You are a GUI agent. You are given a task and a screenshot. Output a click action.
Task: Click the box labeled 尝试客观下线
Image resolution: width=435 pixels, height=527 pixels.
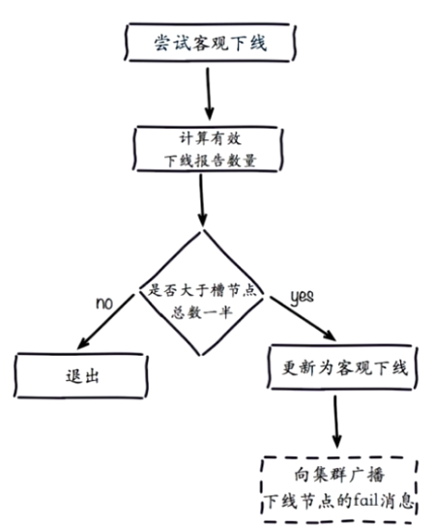[x=210, y=43]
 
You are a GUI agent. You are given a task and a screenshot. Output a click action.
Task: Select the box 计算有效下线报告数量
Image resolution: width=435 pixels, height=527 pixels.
[x=208, y=149]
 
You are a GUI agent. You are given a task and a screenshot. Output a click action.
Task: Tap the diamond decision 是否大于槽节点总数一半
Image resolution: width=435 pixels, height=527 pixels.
[x=202, y=292]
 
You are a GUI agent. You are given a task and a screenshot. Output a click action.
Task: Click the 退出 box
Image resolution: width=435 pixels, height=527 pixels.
[x=81, y=376]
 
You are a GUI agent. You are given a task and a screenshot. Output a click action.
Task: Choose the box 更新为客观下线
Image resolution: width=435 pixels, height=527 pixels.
[x=342, y=367]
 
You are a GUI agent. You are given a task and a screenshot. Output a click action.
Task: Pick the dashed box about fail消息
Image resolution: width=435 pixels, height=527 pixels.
[x=339, y=489]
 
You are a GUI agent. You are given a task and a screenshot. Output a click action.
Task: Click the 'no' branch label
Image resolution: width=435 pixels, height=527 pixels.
[x=104, y=303]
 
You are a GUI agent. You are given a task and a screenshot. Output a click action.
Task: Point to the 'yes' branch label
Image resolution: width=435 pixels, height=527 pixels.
[x=302, y=297]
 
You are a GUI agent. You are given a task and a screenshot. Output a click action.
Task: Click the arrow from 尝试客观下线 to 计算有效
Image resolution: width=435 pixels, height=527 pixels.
[x=209, y=94]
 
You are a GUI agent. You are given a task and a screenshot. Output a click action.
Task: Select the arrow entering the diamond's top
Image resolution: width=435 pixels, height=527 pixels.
[x=201, y=200]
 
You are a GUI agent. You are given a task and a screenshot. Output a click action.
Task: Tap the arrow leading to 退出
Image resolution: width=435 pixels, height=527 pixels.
[x=105, y=321]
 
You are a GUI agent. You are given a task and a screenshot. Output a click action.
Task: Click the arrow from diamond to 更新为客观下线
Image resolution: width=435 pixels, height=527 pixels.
[x=303, y=318]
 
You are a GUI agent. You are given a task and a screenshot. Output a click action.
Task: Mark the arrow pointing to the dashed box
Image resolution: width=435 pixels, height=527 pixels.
[x=336, y=422]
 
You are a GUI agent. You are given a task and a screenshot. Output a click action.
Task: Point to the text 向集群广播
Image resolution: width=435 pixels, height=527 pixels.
[x=339, y=475]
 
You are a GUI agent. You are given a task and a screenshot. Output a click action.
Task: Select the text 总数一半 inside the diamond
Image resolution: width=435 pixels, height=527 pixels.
[x=202, y=312]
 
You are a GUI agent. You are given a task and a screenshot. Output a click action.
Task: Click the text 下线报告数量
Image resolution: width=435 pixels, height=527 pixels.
[x=211, y=161]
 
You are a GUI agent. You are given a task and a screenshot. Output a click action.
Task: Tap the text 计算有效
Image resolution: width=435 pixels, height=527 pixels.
[x=211, y=138]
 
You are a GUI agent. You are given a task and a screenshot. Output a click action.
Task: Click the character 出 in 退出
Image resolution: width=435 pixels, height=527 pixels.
[x=92, y=376]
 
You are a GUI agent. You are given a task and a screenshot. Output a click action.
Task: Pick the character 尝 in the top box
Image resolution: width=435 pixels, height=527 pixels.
[x=161, y=43]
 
